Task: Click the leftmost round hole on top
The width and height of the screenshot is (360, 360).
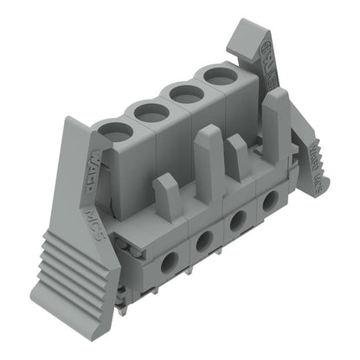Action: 115,132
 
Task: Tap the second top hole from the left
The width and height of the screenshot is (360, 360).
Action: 151,112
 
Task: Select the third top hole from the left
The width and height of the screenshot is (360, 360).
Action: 184,93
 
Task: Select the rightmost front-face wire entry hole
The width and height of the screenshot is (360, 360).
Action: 270,201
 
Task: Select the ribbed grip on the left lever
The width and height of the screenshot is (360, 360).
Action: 65,260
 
